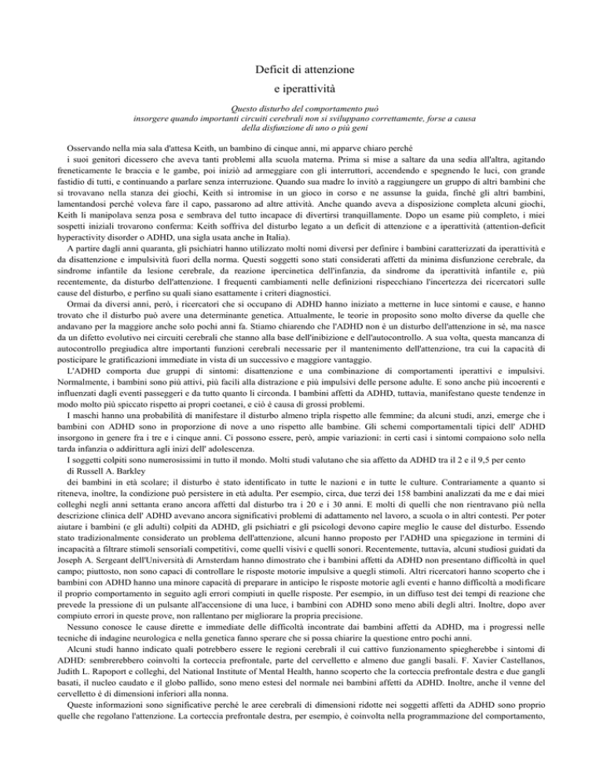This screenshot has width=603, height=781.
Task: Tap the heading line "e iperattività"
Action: point(301,90)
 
